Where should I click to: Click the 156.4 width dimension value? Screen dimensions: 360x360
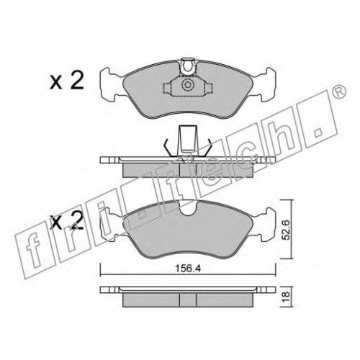coord(187,269)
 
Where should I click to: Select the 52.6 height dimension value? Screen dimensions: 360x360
coord(286,229)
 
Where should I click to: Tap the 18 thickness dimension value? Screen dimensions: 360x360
coord(287,297)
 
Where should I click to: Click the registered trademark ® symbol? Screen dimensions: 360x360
coord(341,91)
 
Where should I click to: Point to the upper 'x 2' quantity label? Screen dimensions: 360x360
coord(67,81)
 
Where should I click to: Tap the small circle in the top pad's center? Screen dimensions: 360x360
coord(187,85)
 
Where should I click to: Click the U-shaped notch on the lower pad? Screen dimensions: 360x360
coord(188,208)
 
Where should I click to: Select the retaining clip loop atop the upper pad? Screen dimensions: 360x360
coord(188,66)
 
